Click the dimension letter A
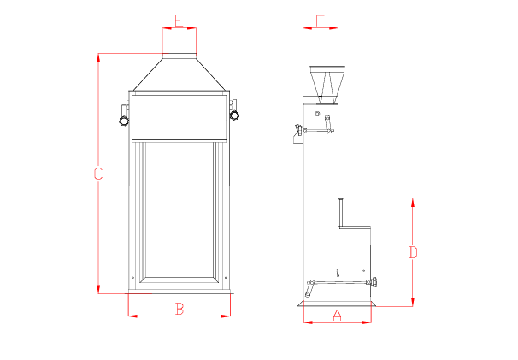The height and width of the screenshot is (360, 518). [337, 315]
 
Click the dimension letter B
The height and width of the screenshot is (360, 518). [180, 309]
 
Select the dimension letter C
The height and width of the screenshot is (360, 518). [98, 174]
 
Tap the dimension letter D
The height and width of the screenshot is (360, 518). [413, 252]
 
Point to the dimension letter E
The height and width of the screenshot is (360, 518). [179, 21]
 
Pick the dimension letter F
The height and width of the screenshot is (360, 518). [319, 21]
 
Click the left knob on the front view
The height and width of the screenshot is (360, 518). [124, 121]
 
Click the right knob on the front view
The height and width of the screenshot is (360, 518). [234, 115]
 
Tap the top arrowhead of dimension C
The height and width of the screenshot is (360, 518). [98, 58]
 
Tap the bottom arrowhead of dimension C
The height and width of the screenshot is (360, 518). [98, 289]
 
